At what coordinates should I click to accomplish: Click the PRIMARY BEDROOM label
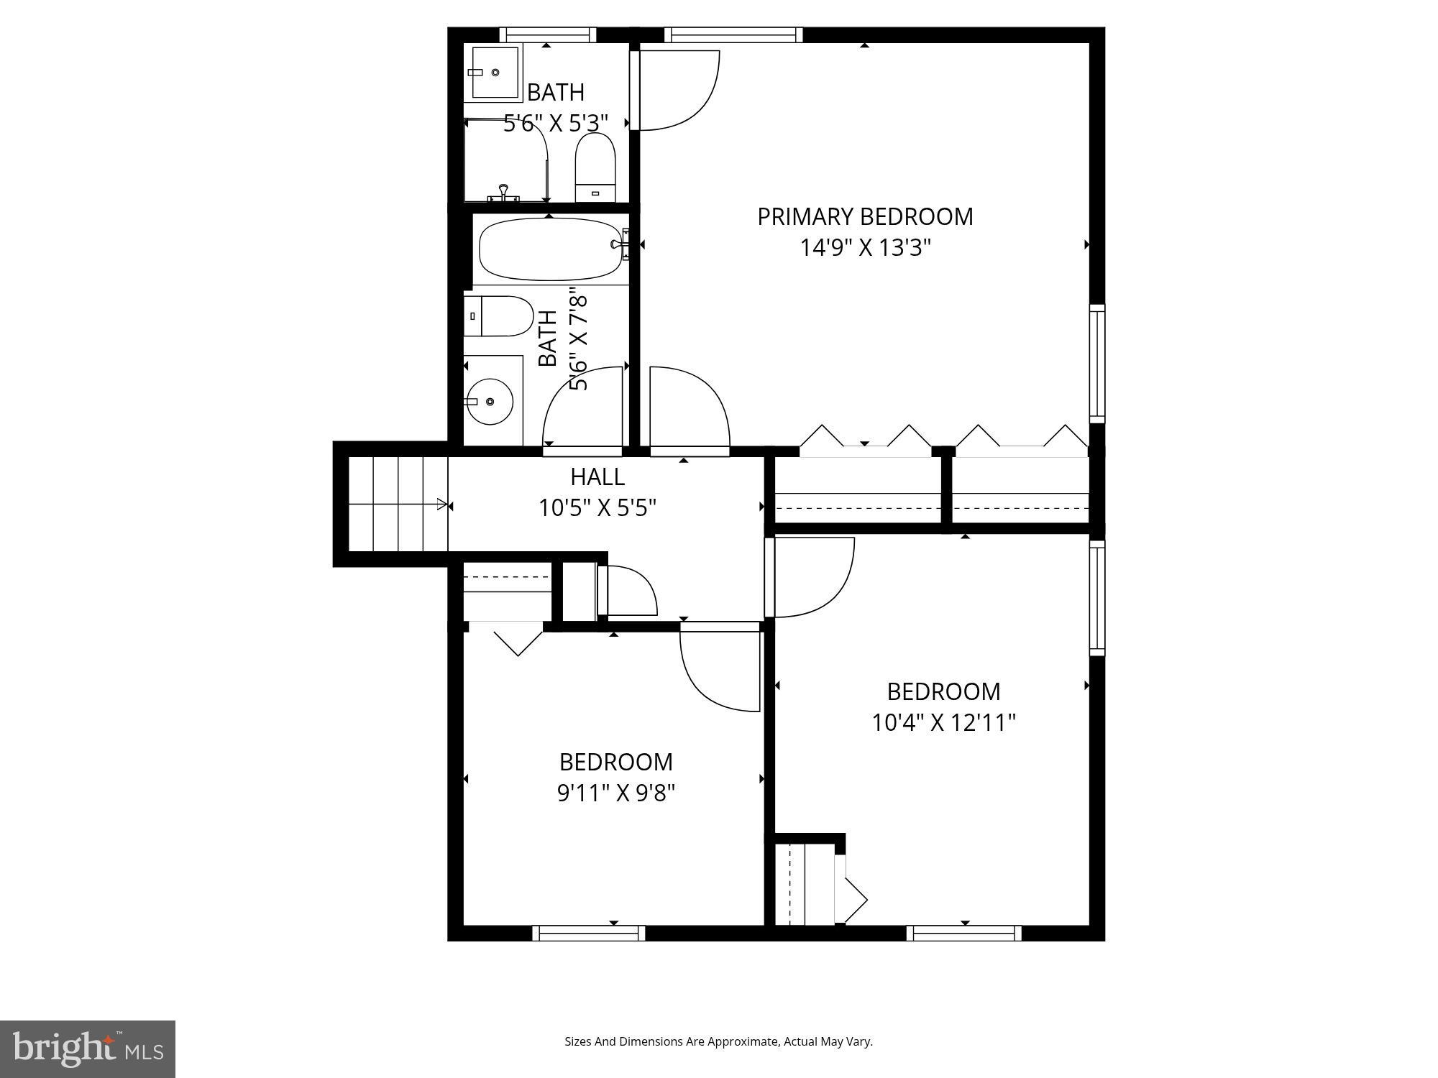pos(865,216)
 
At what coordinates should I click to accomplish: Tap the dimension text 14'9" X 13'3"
pos(865,248)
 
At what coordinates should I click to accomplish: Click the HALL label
pos(597,476)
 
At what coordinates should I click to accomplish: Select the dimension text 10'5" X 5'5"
pos(597,508)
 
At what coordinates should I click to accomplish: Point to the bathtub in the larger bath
pos(551,249)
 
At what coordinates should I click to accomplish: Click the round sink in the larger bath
pos(490,401)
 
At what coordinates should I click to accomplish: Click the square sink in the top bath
pos(495,73)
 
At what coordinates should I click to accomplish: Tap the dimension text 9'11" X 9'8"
pos(616,793)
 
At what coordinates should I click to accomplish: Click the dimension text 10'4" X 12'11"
pos(943,722)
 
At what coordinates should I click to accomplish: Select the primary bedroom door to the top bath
pos(676,90)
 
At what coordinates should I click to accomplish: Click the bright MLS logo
pos(88,1049)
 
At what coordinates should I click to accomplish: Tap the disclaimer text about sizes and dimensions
pos(718,1041)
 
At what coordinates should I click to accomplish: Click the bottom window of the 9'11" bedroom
pos(589,933)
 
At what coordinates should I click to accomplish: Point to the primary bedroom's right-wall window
pos(1096,363)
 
